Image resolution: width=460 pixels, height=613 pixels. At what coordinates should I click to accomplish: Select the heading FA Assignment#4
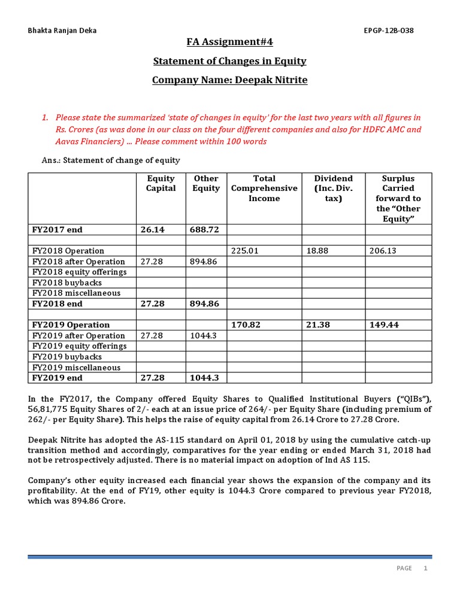coord(229,42)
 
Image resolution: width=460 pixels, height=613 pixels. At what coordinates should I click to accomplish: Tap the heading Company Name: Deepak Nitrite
coord(229,80)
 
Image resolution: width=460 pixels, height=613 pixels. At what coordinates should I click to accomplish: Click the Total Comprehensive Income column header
coord(264,188)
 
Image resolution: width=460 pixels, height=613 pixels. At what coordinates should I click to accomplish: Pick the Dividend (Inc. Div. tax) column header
coord(334,188)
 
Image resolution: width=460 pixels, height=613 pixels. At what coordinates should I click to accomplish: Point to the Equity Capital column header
coord(161,183)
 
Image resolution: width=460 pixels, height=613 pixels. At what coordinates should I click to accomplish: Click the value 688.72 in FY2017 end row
coord(205,229)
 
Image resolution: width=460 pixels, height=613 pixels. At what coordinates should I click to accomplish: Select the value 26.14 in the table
coord(152,229)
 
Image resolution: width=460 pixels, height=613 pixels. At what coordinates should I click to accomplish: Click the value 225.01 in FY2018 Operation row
coord(244,251)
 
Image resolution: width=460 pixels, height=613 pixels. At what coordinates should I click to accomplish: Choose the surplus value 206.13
coord(384,251)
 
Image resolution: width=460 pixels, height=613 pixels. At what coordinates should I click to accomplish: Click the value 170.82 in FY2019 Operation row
coord(246,325)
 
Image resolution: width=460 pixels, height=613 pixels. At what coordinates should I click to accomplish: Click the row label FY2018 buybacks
coord(67,283)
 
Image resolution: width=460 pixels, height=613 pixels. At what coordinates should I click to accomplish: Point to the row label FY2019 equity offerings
coord(80,346)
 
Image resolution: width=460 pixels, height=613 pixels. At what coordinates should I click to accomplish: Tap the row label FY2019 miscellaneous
coord(76,368)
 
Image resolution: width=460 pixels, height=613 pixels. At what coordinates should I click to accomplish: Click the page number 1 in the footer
coord(425,568)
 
